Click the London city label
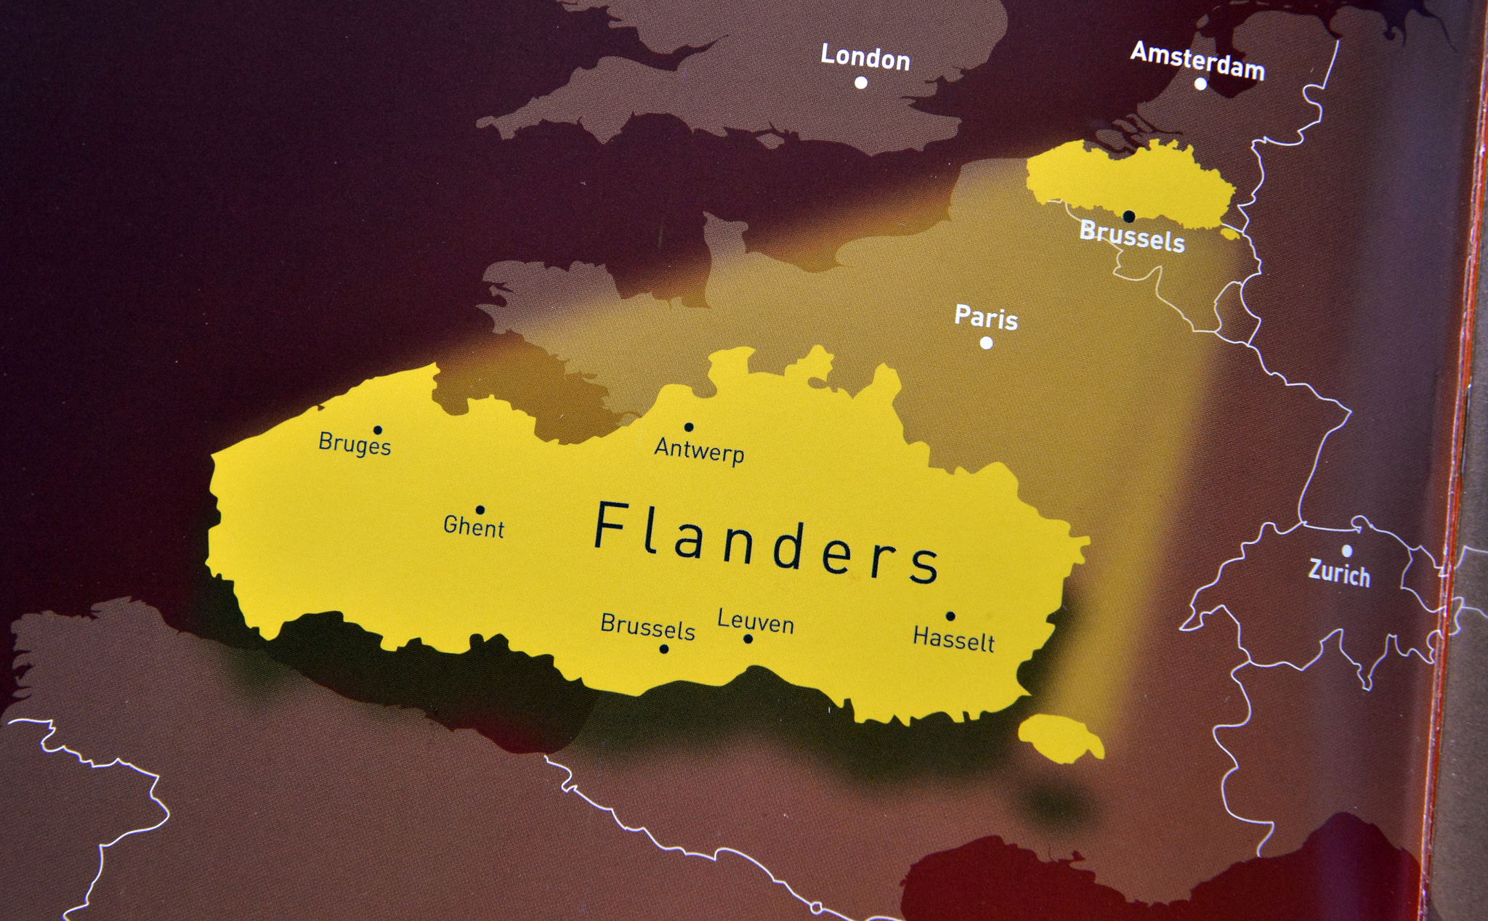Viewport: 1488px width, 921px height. [865, 57]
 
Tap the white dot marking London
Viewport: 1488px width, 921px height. [861, 83]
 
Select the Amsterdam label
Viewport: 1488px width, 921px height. [1197, 60]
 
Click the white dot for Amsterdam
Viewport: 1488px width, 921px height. [1200, 84]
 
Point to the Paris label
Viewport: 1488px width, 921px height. [986, 317]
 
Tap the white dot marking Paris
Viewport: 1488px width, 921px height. [986, 343]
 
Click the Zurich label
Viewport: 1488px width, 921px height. [1339, 573]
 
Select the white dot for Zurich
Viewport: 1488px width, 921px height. [1346, 551]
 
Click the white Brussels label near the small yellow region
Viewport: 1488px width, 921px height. [1132, 236]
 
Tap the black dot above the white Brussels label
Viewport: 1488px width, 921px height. [1128, 216]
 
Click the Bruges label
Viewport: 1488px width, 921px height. [355, 443]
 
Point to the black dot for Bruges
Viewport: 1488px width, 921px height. [377, 430]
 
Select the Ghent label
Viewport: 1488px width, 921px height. [474, 527]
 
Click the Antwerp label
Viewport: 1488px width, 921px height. [699, 450]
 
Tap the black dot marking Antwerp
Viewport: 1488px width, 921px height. [689, 427]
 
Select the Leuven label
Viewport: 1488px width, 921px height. [755, 622]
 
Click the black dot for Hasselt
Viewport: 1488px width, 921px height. [950, 616]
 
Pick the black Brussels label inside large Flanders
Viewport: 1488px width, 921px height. [647, 626]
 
